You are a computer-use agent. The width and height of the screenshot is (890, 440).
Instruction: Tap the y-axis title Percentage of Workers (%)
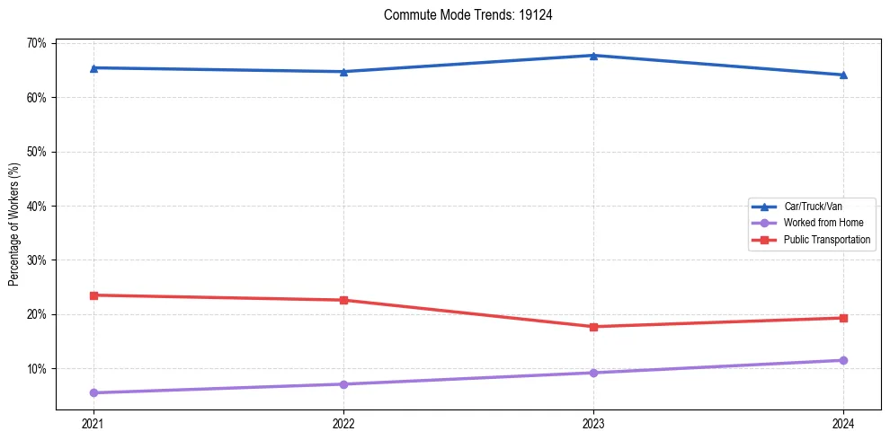coord(14,224)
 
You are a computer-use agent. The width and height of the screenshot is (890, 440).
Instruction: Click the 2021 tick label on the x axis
coord(93,422)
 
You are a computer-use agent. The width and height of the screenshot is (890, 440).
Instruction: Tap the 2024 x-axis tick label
coord(843,422)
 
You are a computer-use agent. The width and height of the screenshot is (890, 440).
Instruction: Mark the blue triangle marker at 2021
coord(93,67)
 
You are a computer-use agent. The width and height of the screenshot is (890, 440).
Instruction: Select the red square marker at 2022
coord(343,300)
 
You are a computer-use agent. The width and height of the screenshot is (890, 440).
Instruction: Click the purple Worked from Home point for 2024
coord(843,360)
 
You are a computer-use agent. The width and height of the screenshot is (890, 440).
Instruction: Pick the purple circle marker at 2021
coord(93,392)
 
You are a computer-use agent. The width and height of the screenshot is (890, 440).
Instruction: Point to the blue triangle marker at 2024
coord(843,75)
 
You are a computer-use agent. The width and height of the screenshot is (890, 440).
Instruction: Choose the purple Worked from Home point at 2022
coord(343,384)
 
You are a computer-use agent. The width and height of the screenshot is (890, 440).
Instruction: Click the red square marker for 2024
coord(843,318)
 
